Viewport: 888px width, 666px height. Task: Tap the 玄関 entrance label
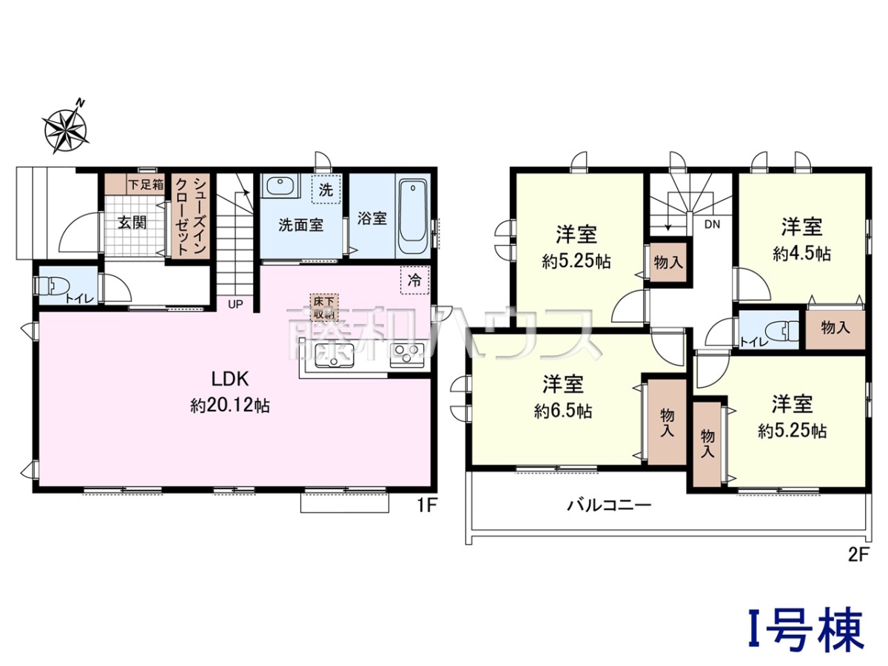[x=132, y=223]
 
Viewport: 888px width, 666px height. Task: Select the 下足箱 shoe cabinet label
[x=146, y=184]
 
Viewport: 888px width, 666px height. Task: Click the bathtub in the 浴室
[x=414, y=217]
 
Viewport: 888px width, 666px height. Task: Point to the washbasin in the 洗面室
[x=280, y=186]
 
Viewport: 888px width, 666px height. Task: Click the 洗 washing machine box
[x=326, y=189]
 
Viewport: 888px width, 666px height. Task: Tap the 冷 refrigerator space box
[x=414, y=280]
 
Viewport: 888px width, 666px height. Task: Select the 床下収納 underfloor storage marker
[x=324, y=307]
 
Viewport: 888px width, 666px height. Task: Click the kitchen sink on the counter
[x=334, y=354]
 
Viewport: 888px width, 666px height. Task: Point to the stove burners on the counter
[x=406, y=355]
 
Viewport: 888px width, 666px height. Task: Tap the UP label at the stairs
[x=235, y=304]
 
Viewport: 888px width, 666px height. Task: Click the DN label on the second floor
[x=712, y=224]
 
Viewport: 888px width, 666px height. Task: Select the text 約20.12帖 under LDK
[x=231, y=405]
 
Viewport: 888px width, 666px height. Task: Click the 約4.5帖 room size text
[x=802, y=254]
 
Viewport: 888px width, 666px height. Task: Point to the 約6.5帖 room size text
[x=562, y=411]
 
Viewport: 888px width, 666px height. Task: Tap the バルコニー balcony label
[x=609, y=505]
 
